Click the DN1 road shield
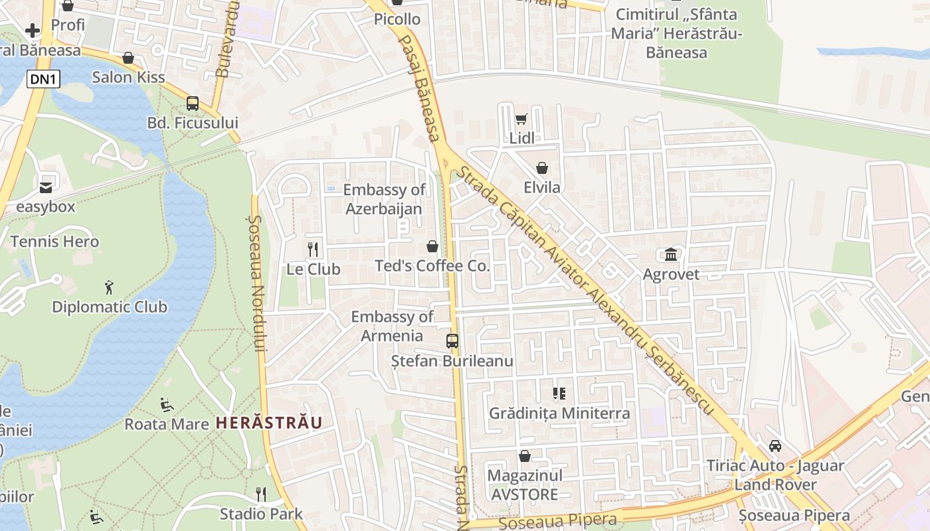44,80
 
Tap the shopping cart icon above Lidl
521,119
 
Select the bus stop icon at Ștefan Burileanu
452,341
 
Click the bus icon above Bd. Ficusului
193,104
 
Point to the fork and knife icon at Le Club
314,250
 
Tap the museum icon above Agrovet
671,254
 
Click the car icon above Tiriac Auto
775,446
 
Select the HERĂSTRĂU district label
269,423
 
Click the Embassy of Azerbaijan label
384,199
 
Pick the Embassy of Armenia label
392,326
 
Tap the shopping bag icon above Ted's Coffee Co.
432,247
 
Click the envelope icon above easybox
46,188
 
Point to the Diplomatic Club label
110,307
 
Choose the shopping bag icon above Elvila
542,168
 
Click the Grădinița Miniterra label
559,413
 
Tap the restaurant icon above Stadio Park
261,494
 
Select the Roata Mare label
167,423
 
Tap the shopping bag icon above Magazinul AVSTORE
525,456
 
